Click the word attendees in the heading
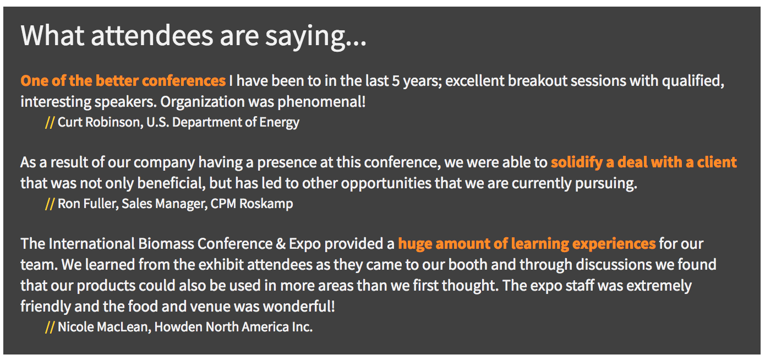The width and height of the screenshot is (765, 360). point(152,36)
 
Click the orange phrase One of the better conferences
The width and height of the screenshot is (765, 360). point(123,81)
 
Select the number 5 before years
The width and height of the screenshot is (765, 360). point(396,81)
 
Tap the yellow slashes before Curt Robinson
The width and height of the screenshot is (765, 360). point(50,122)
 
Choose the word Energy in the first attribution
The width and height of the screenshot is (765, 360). point(280,123)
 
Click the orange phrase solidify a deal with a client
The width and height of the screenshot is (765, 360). point(644,162)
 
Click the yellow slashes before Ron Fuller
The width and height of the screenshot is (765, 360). point(50,204)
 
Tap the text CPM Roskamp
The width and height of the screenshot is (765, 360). point(252,204)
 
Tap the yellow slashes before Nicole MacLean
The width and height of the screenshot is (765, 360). point(50,327)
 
